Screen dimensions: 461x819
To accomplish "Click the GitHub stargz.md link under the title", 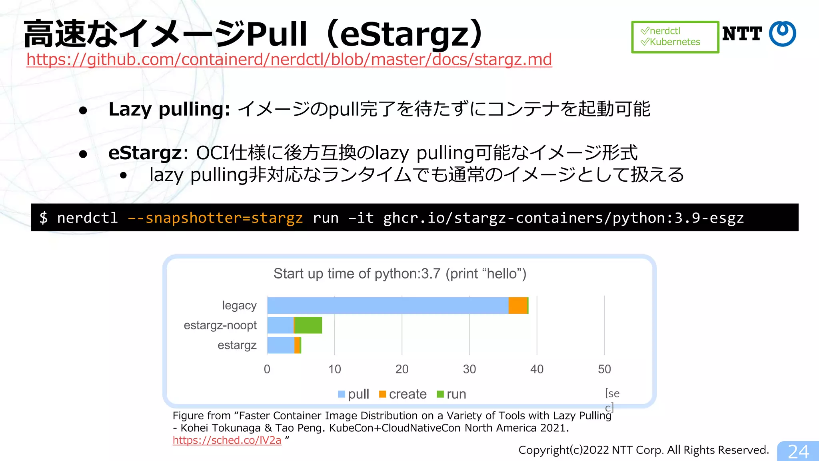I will [x=289, y=60].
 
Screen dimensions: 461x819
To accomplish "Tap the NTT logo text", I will [x=742, y=34].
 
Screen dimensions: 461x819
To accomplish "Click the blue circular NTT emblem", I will [x=783, y=34].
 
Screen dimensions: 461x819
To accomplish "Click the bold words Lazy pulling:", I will [x=169, y=109].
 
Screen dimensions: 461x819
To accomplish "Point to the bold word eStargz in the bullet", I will [x=145, y=153].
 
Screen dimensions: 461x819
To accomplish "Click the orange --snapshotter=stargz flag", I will [x=215, y=218].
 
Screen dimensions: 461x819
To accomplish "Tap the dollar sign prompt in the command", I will [x=43, y=218].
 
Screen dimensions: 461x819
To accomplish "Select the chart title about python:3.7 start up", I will [x=400, y=274].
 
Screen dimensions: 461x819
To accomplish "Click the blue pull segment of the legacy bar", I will [x=387, y=305].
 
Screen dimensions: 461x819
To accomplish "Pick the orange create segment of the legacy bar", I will [x=518, y=305].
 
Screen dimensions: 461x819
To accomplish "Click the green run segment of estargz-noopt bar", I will [x=308, y=325].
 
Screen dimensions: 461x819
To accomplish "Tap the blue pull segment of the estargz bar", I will [x=280, y=345].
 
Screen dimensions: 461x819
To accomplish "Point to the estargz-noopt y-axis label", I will [x=220, y=325].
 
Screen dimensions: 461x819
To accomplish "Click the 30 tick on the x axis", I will [x=469, y=369].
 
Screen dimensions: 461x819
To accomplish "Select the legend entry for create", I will [x=403, y=394].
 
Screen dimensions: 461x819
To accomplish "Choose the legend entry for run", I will [x=451, y=394].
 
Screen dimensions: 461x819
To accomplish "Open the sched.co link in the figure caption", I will [x=227, y=440].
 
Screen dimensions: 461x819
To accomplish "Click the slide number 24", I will [x=798, y=452].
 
